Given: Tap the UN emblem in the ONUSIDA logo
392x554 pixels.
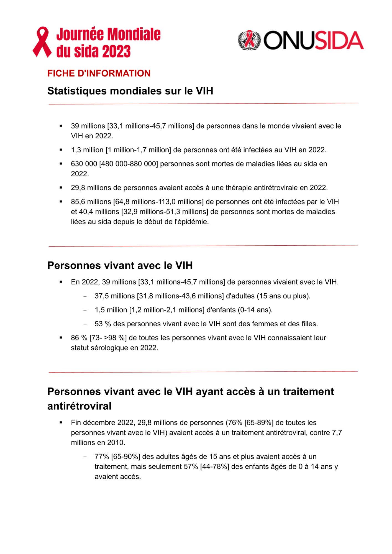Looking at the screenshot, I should (249, 40).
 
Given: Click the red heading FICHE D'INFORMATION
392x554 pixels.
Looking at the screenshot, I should (99, 73).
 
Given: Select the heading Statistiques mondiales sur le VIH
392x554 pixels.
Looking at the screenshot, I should (130, 91).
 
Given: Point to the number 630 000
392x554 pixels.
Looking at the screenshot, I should (84, 164).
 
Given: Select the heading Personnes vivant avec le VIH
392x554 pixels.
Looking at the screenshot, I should (120, 265).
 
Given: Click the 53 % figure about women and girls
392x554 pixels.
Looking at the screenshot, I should (103, 324).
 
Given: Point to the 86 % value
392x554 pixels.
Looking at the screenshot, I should (79, 338).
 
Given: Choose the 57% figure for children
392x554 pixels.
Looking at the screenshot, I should (191, 466).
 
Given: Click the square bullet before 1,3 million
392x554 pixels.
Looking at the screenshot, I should (61, 150).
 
